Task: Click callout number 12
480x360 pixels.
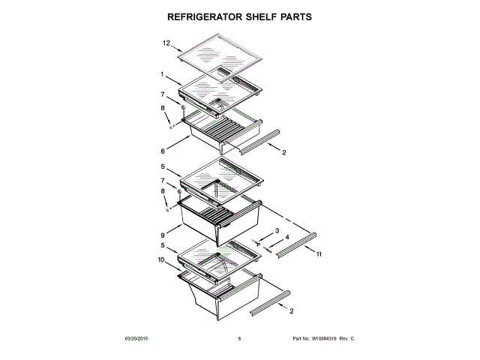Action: tap(166, 44)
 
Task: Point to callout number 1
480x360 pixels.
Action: tap(162, 73)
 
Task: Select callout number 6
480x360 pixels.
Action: tap(162, 150)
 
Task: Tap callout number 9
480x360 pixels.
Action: tap(162, 235)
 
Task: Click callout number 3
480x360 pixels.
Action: tap(276, 230)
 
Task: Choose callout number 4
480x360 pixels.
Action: tap(287, 238)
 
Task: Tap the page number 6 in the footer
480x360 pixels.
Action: tap(239, 339)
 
